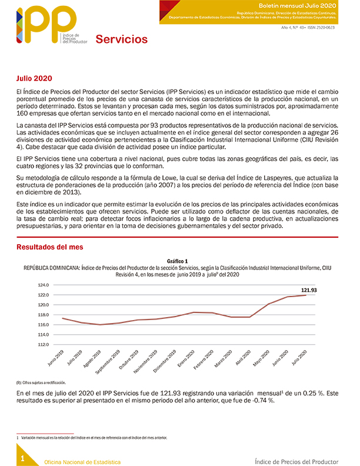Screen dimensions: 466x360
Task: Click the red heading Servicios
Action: (121, 39)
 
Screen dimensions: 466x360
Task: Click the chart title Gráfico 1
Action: (177, 261)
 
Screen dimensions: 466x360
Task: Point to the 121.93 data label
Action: (309, 290)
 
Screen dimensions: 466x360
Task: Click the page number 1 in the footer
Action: (22, 458)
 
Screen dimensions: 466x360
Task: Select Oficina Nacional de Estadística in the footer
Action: (82, 462)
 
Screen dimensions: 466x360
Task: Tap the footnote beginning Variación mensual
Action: (94, 438)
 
